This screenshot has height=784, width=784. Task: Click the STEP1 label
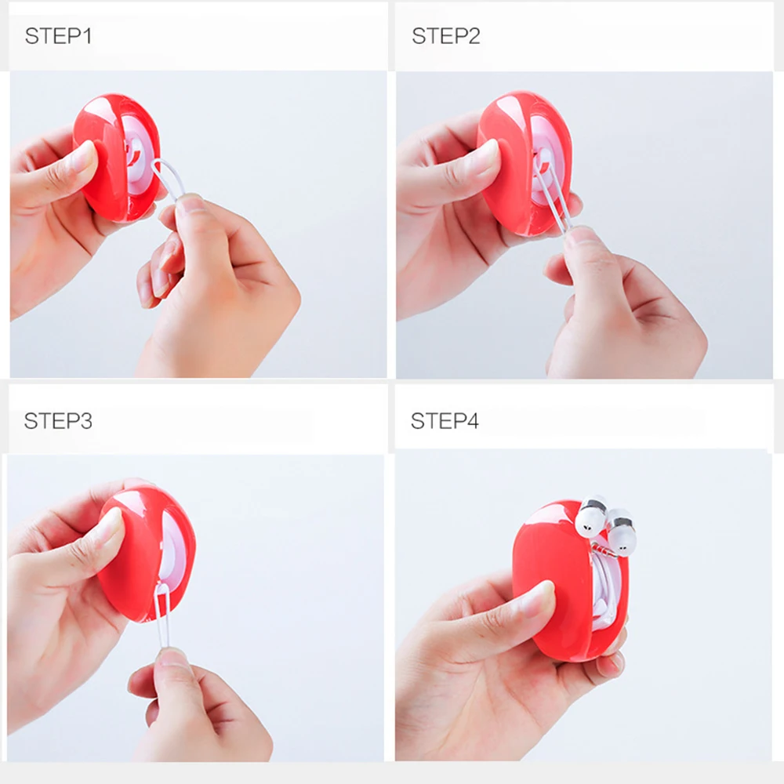[58, 36]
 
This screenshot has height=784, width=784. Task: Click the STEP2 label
[445, 36]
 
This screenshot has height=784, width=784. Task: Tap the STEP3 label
[58, 421]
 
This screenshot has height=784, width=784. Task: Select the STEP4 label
[445, 421]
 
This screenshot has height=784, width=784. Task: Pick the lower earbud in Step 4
[622, 533]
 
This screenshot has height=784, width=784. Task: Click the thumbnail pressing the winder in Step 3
[111, 522]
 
